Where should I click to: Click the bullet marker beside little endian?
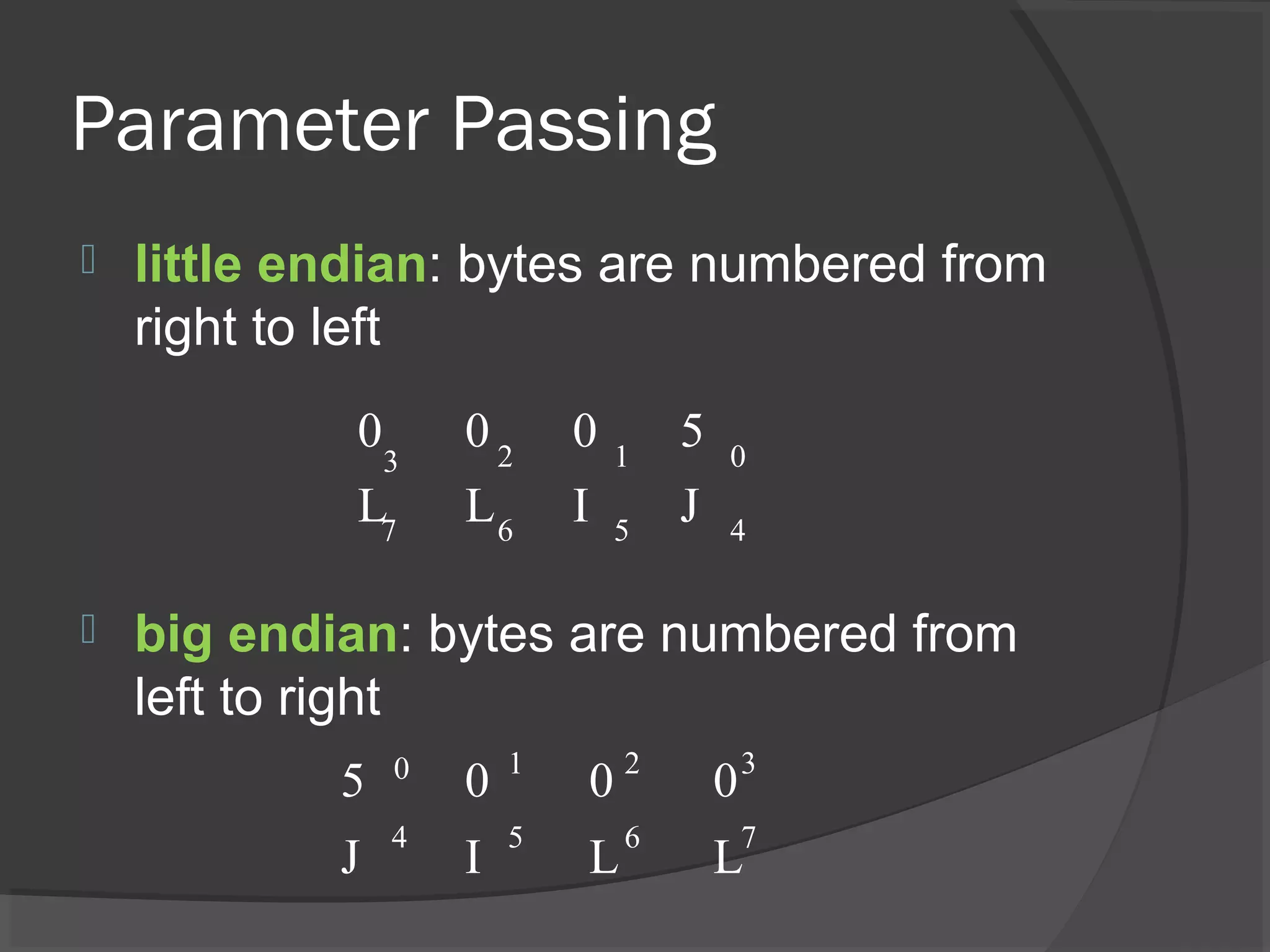pyautogui.click(x=88, y=260)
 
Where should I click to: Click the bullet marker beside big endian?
pyautogui.click(x=88, y=630)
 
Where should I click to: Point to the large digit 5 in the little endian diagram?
pyautogui.click(x=692, y=431)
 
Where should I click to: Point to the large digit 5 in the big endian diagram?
pyautogui.click(x=352, y=780)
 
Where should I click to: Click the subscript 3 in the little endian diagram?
pyautogui.click(x=390, y=462)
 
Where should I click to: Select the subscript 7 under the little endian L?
pyautogui.click(x=388, y=530)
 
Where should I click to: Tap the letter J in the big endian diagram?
pyautogui.click(x=350, y=857)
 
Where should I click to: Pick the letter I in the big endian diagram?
pyautogui.click(x=473, y=857)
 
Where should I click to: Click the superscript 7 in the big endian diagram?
pyautogui.click(x=748, y=837)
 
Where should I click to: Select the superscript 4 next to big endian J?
pyautogui.click(x=399, y=837)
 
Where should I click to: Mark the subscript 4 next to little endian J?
pyautogui.click(x=737, y=530)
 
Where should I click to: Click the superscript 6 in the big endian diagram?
pyautogui.click(x=632, y=838)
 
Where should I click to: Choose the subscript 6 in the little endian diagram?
pyautogui.click(x=505, y=531)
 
